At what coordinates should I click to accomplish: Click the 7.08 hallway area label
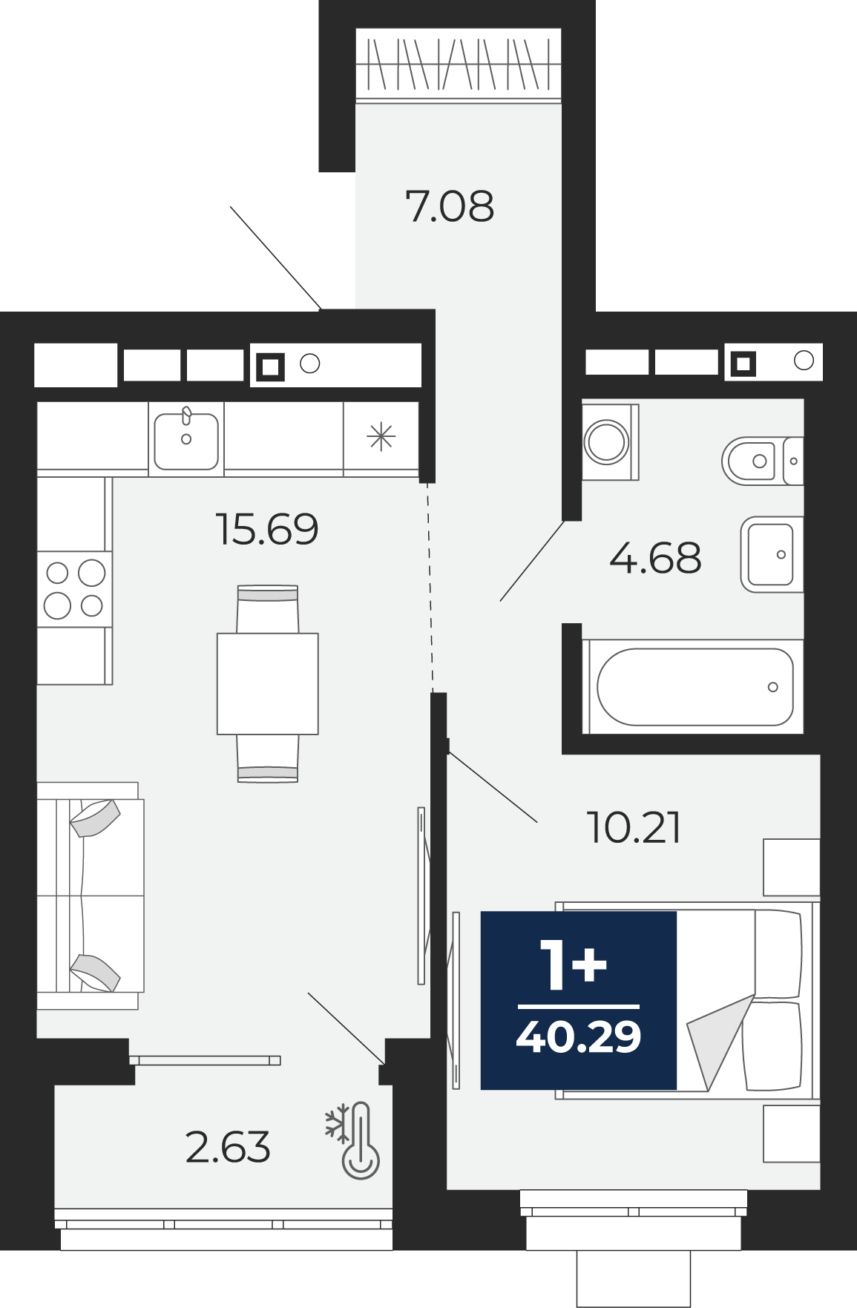pyautogui.click(x=450, y=206)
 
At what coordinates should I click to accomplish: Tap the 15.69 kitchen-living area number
pyautogui.click(x=267, y=529)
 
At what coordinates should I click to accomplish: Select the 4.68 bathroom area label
pyautogui.click(x=655, y=558)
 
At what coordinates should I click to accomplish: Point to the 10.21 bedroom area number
pyautogui.click(x=634, y=827)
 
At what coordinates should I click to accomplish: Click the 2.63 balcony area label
pyautogui.click(x=228, y=1147)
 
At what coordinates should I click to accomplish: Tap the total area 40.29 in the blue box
pyautogui.click(x=579, y=1036)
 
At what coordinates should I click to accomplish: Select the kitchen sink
pyautogui.click(x=186, y=438)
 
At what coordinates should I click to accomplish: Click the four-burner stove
pyautogui.click(x=74, y=589)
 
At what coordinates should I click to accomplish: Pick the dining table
pyautogui.click(x=268, y=683)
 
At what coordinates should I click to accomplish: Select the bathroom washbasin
pyautogui.click(x=772, y=554)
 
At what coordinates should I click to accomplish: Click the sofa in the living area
pyautogui.click(x=89, y=895)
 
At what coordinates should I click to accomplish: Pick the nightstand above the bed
pyautogui.click(x=792, y=867)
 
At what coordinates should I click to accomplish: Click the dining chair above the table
pyautogui.click(x=268, y=609)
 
